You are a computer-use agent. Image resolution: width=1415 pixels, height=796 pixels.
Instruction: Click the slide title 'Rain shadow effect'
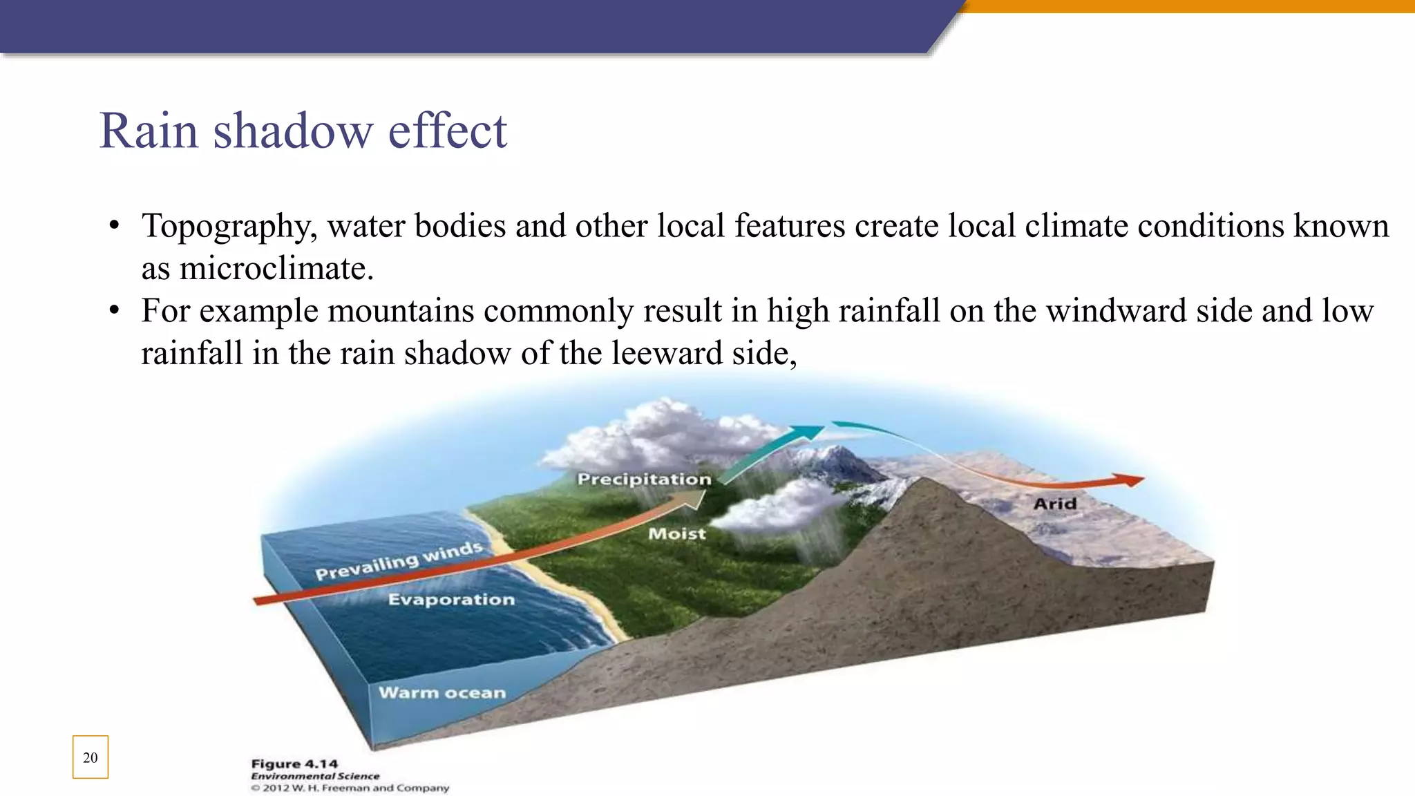point(303,131)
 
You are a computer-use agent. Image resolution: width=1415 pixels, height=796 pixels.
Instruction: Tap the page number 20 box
point(91,757)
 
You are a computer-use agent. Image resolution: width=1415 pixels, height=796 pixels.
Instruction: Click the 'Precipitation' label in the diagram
point(644,479)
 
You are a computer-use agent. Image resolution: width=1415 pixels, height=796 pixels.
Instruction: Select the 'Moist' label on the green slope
point(677,533)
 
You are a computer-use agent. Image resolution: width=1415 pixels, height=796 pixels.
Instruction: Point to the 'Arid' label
point(1055,504)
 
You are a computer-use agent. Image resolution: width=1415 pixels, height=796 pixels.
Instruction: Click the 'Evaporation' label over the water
point(451,599)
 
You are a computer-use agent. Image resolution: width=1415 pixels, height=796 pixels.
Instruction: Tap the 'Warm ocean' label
point(442,692)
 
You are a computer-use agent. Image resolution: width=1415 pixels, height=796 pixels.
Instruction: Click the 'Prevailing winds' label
point(399,561)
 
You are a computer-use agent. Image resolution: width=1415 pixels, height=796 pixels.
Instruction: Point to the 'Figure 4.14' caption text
point(294,764)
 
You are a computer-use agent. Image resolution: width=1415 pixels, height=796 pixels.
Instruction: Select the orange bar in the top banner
point(1188,6)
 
